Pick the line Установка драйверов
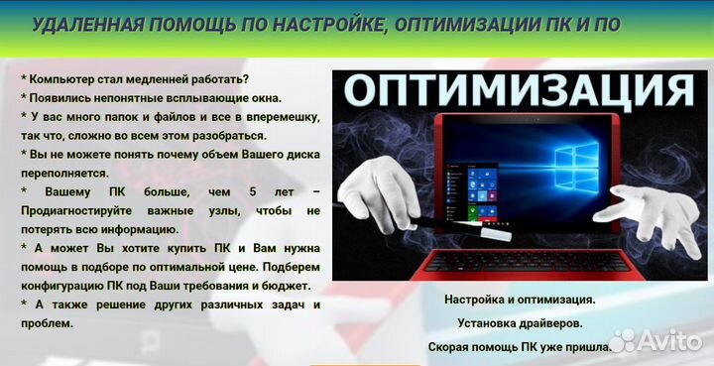pyautogui.click(x=520, y=322)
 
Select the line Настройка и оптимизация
pyautogui.click(x=520, y=299)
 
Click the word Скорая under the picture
pyautogui.click(x=451, y=347)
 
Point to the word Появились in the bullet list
pyautogui.click(x=65, y=97)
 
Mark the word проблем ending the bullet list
pyautogui.click(x=47, y=322)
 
